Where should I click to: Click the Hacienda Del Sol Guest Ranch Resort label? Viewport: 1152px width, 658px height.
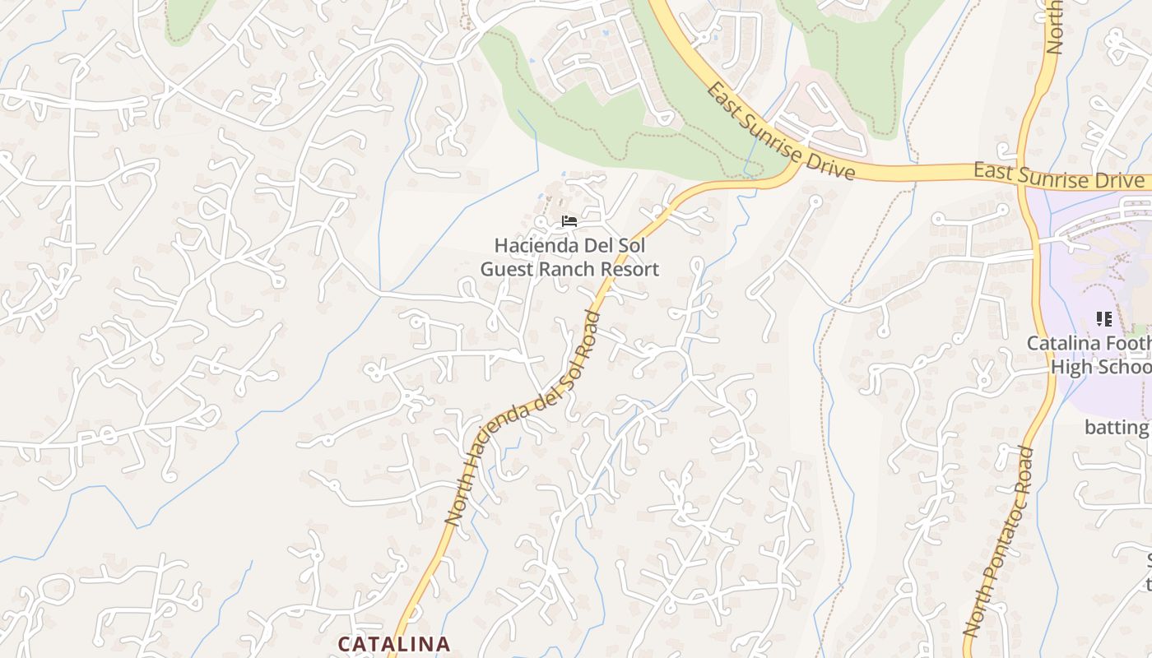(x=569, y=257)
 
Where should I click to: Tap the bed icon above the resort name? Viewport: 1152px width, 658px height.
(x=569, y=220)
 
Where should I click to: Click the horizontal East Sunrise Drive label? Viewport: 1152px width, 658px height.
(x=1058, y=174)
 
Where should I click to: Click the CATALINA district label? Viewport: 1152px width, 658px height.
(x=394, y=643)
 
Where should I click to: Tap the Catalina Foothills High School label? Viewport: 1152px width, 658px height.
(x=1090, y=354)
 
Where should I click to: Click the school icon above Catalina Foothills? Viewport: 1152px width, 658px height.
(x=1103, y=318)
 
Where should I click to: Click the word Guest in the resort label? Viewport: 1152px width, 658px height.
(x=506, y=269)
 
